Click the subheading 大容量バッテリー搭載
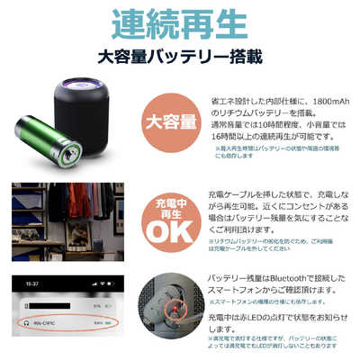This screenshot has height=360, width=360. [180, 58]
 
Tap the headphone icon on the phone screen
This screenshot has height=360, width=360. [31, 322]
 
